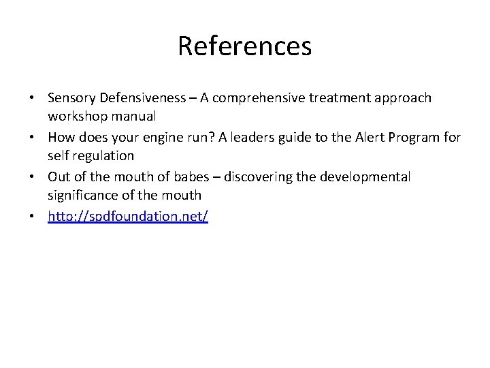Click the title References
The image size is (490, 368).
tap(245, 46)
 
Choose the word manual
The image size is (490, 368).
tap(136, 117)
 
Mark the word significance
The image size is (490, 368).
tap(84, 196)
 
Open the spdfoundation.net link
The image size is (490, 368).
tap(128, 217)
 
